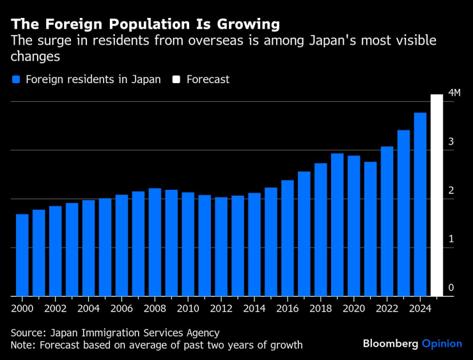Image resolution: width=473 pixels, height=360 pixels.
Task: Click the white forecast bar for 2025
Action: pyautogui.click(x=437, y=195)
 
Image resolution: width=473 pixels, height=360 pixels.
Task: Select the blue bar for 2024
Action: pyautogui.click(x=420, y=205)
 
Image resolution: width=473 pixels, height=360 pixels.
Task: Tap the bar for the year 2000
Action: pyautogui.click(x=22, y=255)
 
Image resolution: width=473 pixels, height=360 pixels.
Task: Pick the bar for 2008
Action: pyautogui.click(x=155, y=242)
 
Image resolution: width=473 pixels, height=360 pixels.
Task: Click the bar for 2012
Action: pyautogui.click(x=221, y=247)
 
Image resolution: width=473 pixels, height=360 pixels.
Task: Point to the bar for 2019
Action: pyautogui.click(x=337, y=224)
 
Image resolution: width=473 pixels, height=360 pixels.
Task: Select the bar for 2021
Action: pyautogui.click(x=370, y=229)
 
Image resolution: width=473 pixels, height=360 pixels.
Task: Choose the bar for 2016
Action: pyautogui.click(x=287, y=238)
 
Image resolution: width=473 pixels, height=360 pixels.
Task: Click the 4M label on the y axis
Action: pyautogui.click(x=454, y=93)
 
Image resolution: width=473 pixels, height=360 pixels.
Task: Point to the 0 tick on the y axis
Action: pyautogui.click(x=451, y=288)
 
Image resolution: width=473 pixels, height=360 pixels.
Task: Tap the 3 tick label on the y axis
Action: pyautogui.click(x=451, y=142)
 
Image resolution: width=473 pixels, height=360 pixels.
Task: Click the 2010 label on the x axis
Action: pyautogui.click(x=188, y=308)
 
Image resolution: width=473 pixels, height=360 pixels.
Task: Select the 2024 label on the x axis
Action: pyautogui.click(x=420, y=308)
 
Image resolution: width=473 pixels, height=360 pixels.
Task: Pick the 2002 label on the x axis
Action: pyautogui.click(x=56, y=308)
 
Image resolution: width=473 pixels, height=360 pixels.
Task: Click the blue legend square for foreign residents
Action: pyautogui.click(x=17, y=80)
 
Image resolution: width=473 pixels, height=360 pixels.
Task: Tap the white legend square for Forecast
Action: pyautogui.click(x=175, y=80)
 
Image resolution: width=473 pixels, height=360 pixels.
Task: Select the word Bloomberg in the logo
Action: pyautogui.click(x=391, y=343)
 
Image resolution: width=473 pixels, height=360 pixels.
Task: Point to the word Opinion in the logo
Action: pyautogui.click(x=442, y=343)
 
